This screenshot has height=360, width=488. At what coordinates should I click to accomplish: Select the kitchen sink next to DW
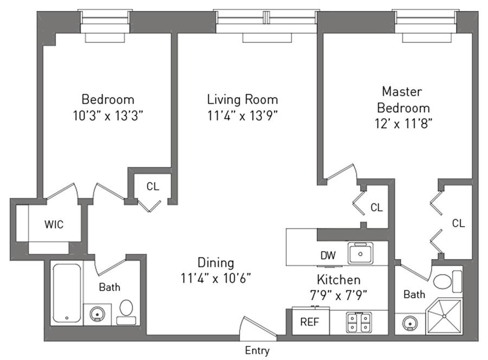[x=360, y=253]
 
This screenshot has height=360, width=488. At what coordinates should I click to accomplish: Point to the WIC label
[x=54, y=224]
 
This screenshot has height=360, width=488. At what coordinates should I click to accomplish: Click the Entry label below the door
[x=257, y=351]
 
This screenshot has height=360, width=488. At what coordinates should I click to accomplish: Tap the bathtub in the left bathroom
[x=67, y=293]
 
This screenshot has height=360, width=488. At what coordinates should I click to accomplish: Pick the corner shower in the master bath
[x=443, y=316]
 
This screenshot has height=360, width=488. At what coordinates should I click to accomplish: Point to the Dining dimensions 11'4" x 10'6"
[x=216, y=279]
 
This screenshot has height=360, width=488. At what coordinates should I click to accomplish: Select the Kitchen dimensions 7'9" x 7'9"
[x=339, y=295]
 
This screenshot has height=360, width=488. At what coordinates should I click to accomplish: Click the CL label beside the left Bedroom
[x=153, y=186]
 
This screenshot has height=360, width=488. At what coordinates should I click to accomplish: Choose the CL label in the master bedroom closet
[x=459, y=223]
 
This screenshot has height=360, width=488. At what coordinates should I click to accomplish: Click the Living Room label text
[x=242, y=99]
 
